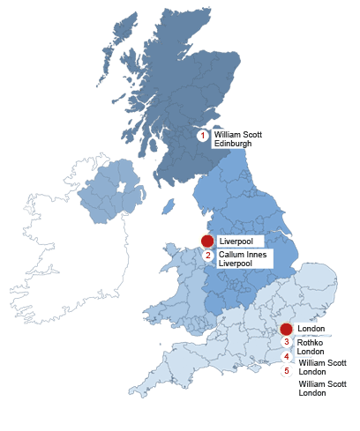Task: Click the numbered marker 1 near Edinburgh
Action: [x=202, y=136]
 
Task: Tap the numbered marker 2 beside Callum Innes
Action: [x=208, y=256]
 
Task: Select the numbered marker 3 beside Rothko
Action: [x=286, y=342]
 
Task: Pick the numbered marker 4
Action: [x=286, y=356]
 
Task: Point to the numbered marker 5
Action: [x=286, y=371]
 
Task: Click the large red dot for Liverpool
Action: [x=207, y=241]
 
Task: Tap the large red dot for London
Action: [x=286, y=329]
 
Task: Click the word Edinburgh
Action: [x=233, y=143]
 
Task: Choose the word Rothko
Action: [x=310, y=343]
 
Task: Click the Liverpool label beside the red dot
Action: [x=236, y=241]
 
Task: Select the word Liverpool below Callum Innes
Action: [x=236, y=263]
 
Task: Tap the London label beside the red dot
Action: [x=311, y=329]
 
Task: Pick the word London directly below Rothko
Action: [x=311, y=352]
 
